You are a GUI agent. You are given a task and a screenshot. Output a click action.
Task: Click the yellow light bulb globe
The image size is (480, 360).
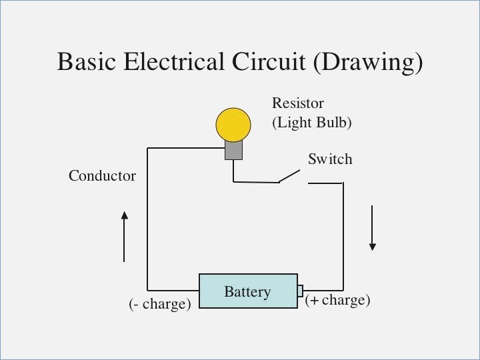(233, 124)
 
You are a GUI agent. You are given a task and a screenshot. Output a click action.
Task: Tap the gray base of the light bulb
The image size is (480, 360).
(233, 150)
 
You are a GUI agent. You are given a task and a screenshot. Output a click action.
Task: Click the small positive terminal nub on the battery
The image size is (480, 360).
(301, 291)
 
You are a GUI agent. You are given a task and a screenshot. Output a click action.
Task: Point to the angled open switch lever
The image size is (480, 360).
(289, 175)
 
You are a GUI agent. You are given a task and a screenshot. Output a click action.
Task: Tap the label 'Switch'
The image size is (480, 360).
(329, 159)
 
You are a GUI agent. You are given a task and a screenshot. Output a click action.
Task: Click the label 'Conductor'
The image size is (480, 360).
(102, 176)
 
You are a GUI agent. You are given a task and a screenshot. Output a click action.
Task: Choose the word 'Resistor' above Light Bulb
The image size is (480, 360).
(297, 103)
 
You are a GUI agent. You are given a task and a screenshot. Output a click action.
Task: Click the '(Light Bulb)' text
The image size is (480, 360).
(311, 123)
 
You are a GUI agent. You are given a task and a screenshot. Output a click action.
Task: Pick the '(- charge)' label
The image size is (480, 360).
(159, 304)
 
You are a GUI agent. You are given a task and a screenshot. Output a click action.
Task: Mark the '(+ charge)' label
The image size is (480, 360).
(337, 300)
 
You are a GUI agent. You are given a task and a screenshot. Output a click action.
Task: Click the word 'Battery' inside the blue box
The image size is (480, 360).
(247, 292)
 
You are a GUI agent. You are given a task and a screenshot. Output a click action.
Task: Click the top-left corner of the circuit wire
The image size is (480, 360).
(147, 148)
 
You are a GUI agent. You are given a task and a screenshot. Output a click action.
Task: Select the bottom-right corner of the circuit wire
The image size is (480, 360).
(343, 291)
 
